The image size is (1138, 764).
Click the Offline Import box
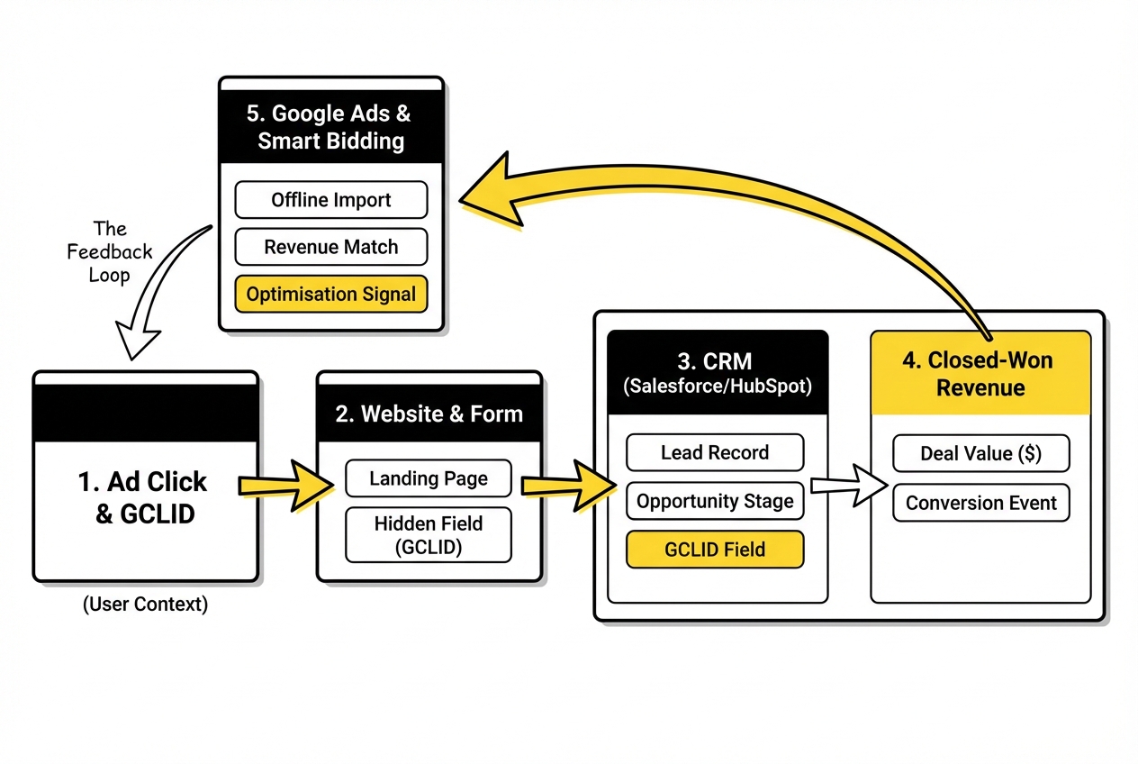[331, 200]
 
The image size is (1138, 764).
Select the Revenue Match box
[331, 247]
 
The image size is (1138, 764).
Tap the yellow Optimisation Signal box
[331, 294]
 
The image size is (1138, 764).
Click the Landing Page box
[429, 478]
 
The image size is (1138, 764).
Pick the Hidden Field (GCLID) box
[429, 534]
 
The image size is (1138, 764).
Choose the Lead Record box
[715, 452]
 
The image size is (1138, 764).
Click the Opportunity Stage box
[715, 501]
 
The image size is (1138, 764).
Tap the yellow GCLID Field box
[715, 549]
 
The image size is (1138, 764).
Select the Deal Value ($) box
[980, 453]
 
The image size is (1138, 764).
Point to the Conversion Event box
[980, 503]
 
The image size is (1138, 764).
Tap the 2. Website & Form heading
[429, 414]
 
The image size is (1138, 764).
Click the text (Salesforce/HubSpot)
[716, 387]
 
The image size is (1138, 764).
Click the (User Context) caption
[145, 605]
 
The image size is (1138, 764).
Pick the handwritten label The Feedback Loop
[110, 252]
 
